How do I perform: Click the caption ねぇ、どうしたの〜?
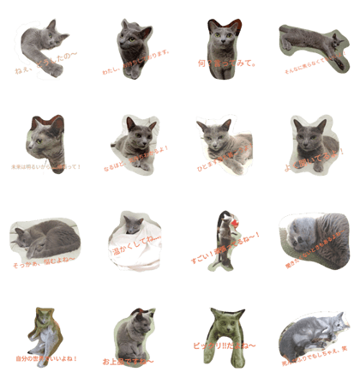tap(45, 60)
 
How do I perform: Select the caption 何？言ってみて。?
tap(224, 64)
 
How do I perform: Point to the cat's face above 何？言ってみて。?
tap(224, 39)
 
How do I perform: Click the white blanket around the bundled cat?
tap(120, 244)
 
